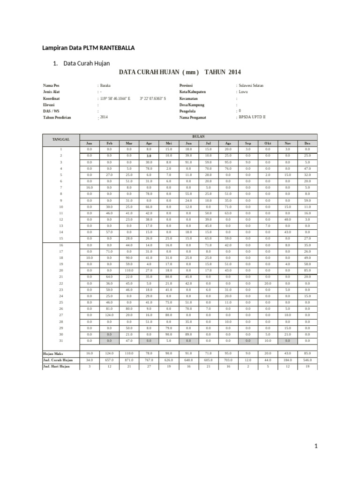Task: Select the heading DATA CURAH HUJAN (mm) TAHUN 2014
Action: (x=180, y=72)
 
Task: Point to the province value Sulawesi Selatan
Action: (x=251, y=86)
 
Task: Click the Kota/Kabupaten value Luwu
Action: (x=244, y=92)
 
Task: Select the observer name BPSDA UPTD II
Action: (x=252, y=117)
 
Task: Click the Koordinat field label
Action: (x=51, y=99)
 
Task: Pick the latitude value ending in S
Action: (x=152, y=99)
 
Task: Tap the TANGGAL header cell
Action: (x=61, y=139)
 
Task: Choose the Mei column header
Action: (x=169, y=143)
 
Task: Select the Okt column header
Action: (x=268, y=143)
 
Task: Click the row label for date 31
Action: (x=61, y=340)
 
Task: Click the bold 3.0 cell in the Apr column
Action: (x=149, y=155)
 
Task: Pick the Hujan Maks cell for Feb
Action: (x=109, y=353)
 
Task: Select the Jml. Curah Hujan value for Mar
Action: (x=129, y=360)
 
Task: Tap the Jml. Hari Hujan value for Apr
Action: (x=149, y=366)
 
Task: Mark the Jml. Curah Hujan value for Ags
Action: (x=228, y=360)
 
